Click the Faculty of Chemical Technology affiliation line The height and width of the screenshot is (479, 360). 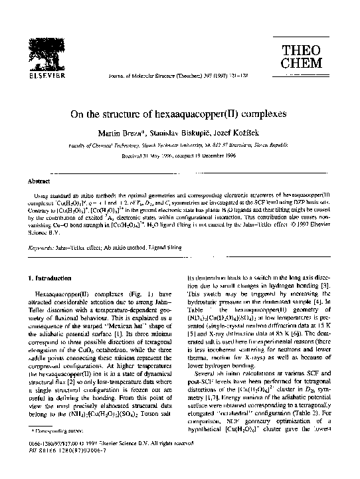coord(179,149)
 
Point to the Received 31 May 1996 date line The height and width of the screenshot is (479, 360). coord(179,159)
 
